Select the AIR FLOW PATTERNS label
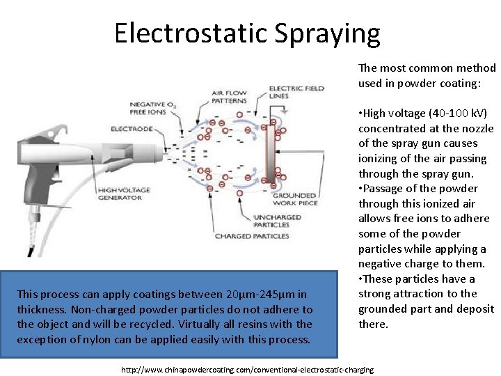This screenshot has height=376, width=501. pyautogui.click(x=229, y=97)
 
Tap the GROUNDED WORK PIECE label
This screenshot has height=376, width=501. pyautogui.click(x=295, y=200)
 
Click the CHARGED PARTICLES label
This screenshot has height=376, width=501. pyautogui.click(x=251, y=236)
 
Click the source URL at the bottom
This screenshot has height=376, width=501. pyautogui.click(x=247, y=369)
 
